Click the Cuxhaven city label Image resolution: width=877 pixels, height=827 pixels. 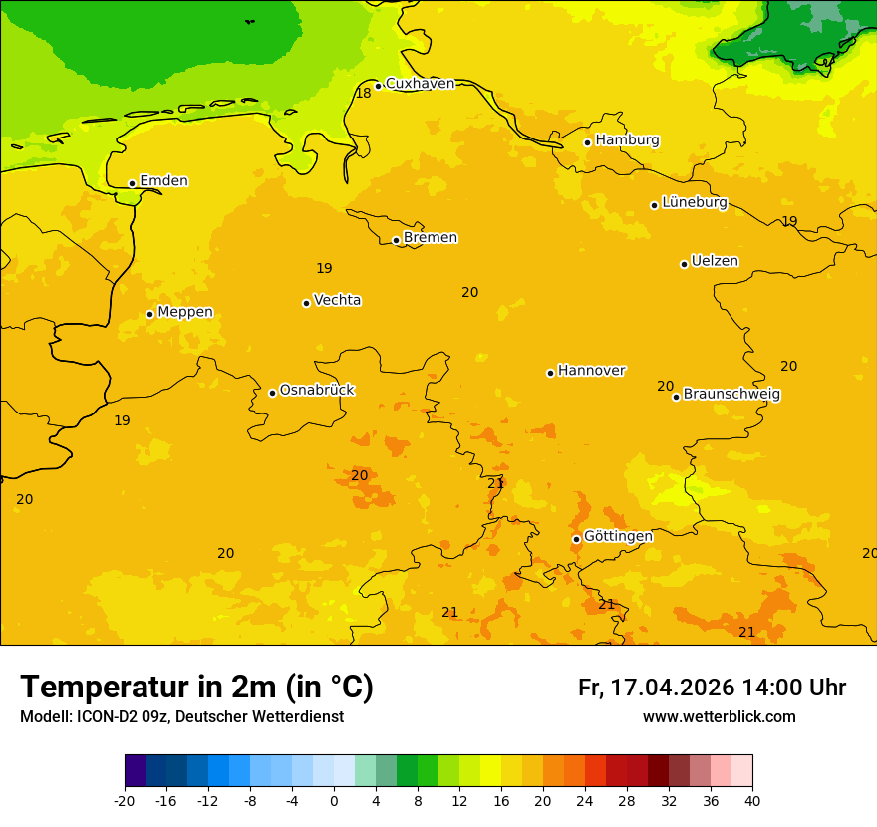pos(420,84)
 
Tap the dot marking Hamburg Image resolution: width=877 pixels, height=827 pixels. pos(588,142)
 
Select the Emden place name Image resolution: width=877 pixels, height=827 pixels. pos(163,181)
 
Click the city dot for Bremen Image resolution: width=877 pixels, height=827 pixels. pos(396,240)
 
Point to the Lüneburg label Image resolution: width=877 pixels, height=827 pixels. pos(694,202)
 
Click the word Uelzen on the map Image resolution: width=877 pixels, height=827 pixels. pos(715,261)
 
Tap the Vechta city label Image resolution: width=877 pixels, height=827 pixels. pos(337,300)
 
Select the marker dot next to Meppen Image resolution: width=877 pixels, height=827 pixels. pos(149,314)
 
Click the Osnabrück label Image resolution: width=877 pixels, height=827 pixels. pos(317,390)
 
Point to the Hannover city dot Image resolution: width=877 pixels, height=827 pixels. pos(550,373)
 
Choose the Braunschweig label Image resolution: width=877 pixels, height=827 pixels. pos(731,395)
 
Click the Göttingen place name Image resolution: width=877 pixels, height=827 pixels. pos(618,536)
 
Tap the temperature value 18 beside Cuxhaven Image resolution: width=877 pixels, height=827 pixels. pos(364,93)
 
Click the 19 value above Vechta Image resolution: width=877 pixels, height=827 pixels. pos(324,268)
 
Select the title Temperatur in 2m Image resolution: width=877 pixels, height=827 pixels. pos(196,688)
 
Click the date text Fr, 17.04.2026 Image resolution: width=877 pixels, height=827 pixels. pos(656,688)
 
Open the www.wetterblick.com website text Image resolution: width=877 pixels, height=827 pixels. pos(719,717)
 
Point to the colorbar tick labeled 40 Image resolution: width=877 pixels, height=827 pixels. pos(752,800)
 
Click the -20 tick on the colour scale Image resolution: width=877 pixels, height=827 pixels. pos(125,800)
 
